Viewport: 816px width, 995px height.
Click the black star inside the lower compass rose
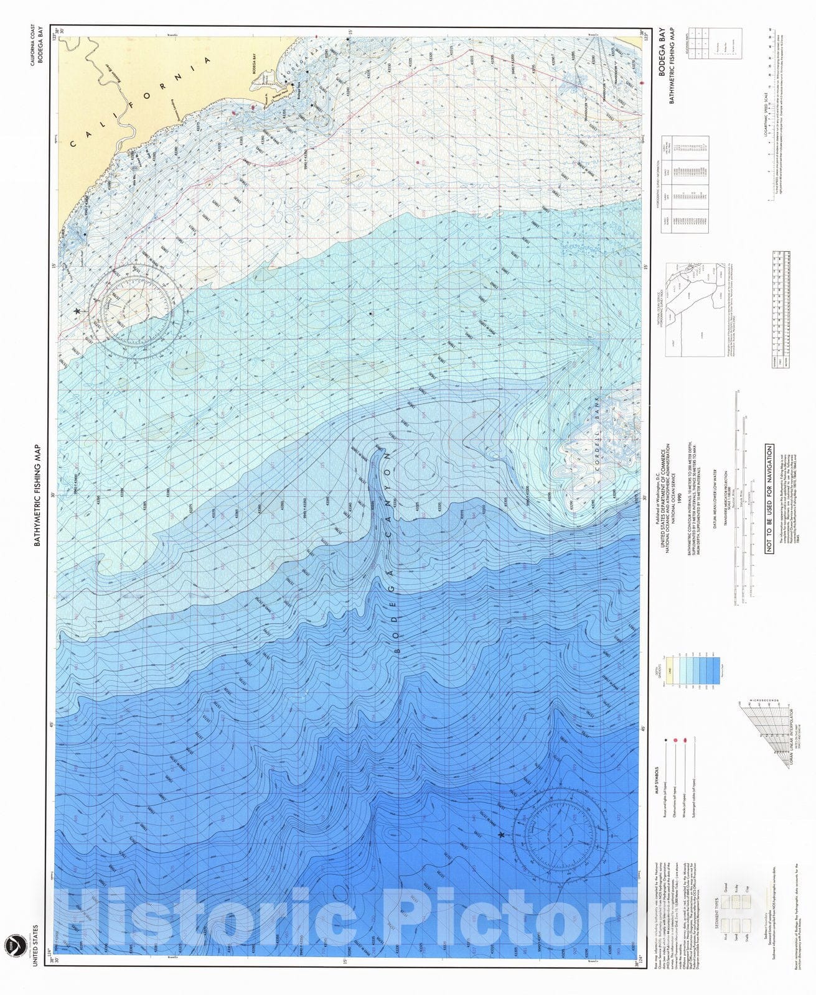coord(501,835)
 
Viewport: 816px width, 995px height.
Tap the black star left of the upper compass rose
coord(77,311)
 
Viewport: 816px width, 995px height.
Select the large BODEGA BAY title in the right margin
coord(662,52)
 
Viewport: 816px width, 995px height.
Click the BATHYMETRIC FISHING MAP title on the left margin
coord(37,495)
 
